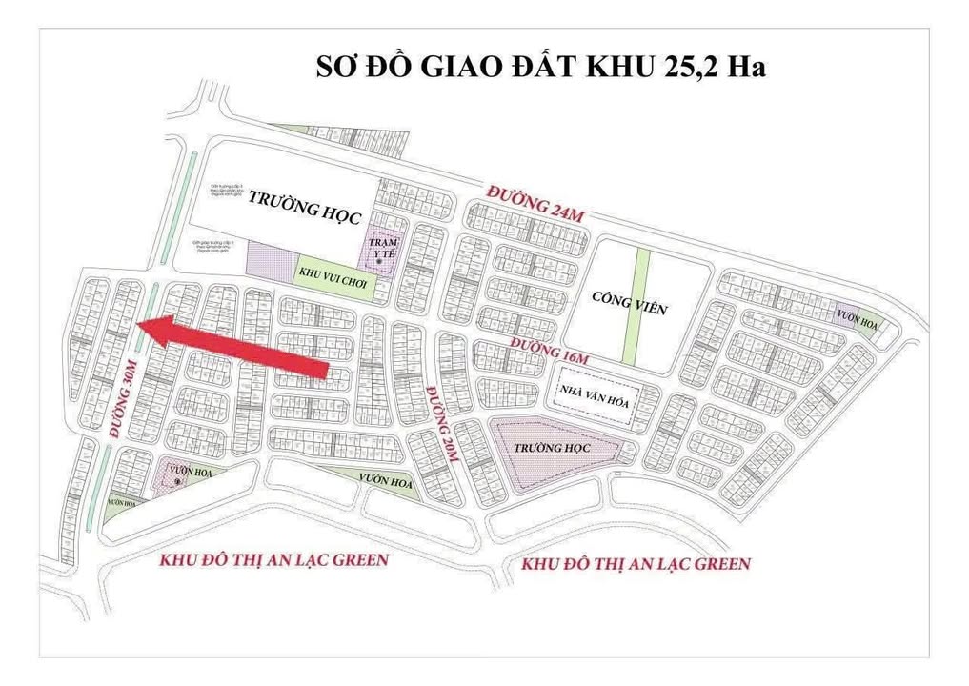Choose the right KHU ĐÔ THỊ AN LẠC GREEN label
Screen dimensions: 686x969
(636, 564)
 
